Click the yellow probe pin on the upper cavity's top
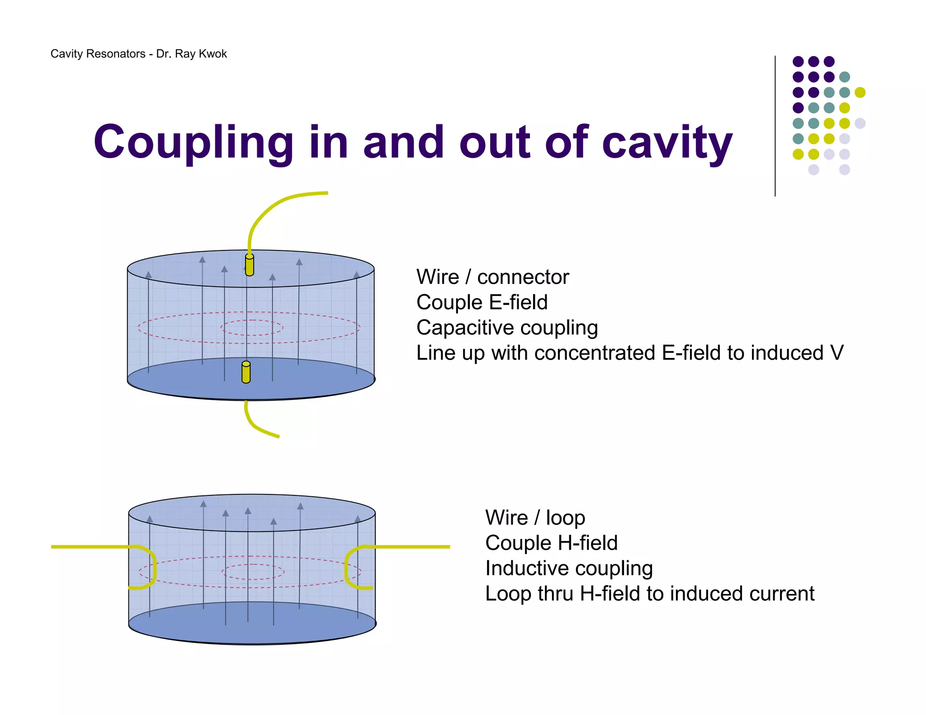click(249, 265)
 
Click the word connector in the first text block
click(523, 277)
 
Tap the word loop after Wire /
click(565, 518)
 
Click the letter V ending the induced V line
click(837, 353)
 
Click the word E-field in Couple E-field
click(518, 302)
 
